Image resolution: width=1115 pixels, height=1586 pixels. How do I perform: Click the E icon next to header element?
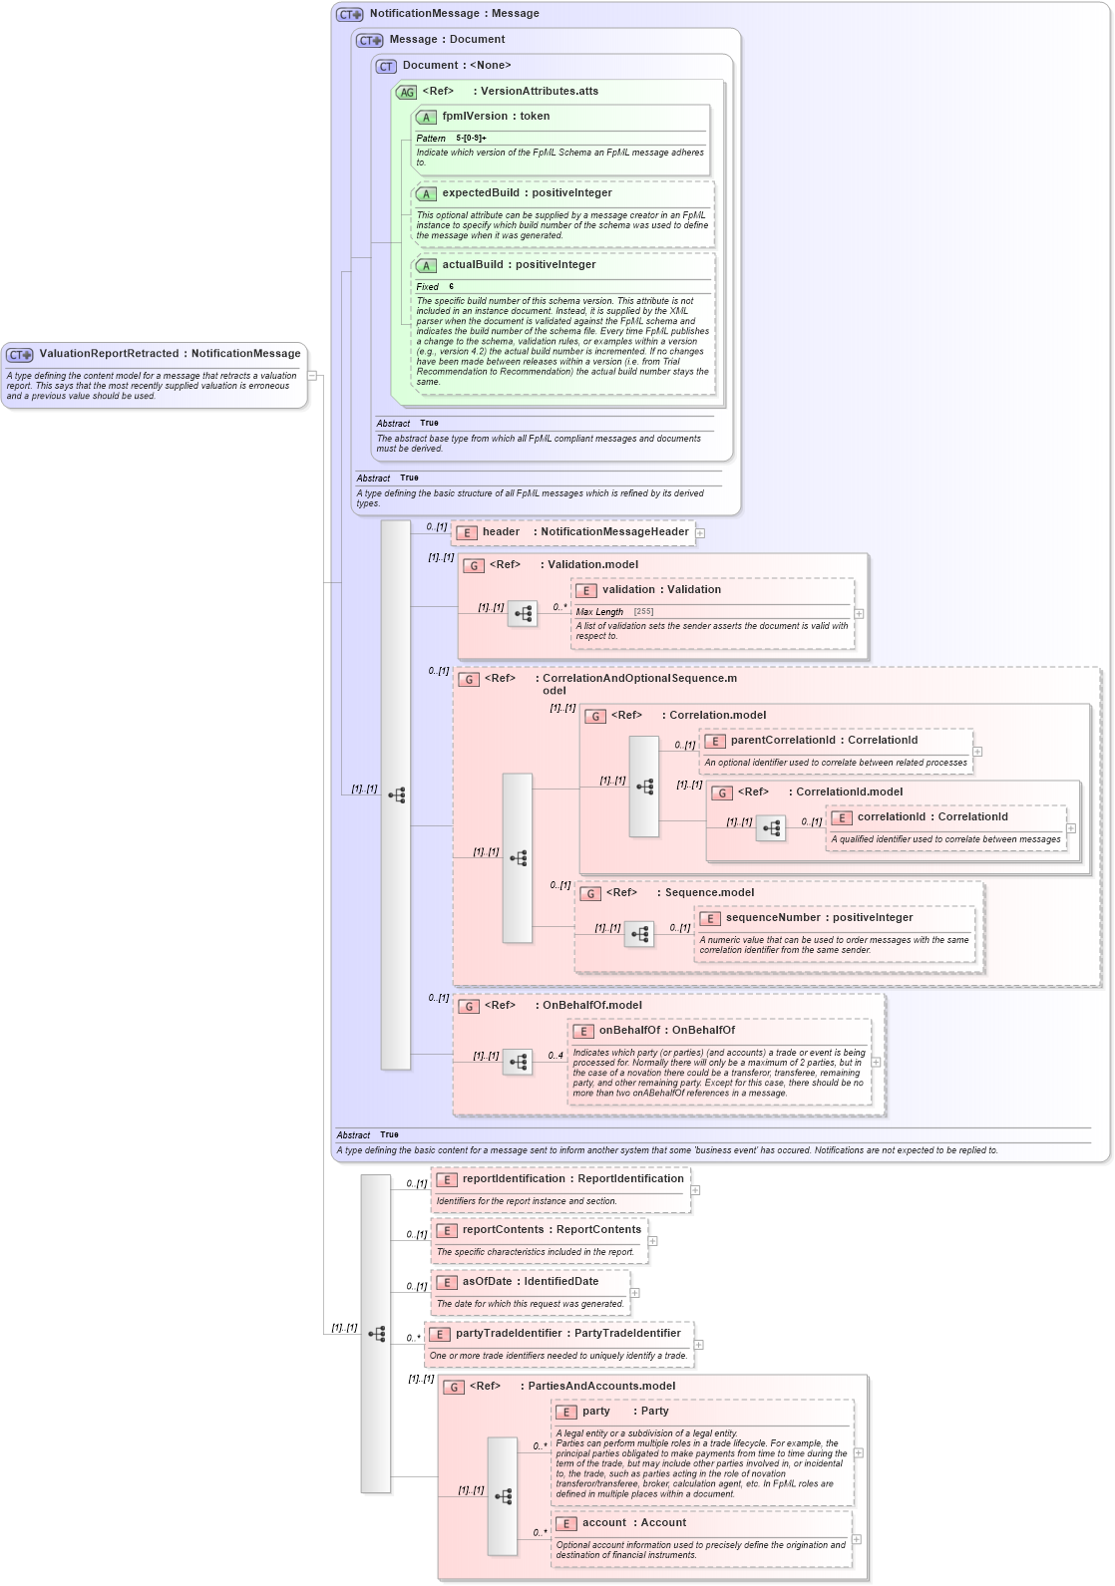tap(466, 532)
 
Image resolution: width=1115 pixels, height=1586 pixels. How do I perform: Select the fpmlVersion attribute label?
tap(475, 117)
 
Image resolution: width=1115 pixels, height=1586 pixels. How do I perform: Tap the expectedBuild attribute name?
tap(481, 193)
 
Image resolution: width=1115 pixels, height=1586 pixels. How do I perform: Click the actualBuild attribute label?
tap(478, 265)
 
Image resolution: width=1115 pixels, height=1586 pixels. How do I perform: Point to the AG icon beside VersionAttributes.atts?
tap(406, 92)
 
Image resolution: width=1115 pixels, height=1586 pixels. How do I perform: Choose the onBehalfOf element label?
tap(628, 1031)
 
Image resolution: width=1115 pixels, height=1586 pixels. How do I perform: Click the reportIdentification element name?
tap(513, 1179)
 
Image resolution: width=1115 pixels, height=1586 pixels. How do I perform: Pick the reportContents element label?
tap(503, 1230)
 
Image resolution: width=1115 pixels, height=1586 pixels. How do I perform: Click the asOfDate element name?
tap(487, 1282)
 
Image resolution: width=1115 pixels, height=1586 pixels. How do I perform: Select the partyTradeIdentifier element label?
tap(509, 1334)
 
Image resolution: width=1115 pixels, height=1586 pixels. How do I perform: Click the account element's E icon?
tap(565, 1524)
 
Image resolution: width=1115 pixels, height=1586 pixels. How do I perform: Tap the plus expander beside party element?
tap(859, 1452)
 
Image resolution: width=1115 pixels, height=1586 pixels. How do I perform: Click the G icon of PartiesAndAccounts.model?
tap(454, 1387)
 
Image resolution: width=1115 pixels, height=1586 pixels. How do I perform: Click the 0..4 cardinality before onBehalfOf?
tap(556, 1055)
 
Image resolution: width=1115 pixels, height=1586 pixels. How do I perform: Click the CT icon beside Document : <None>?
tap(386, 66)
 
